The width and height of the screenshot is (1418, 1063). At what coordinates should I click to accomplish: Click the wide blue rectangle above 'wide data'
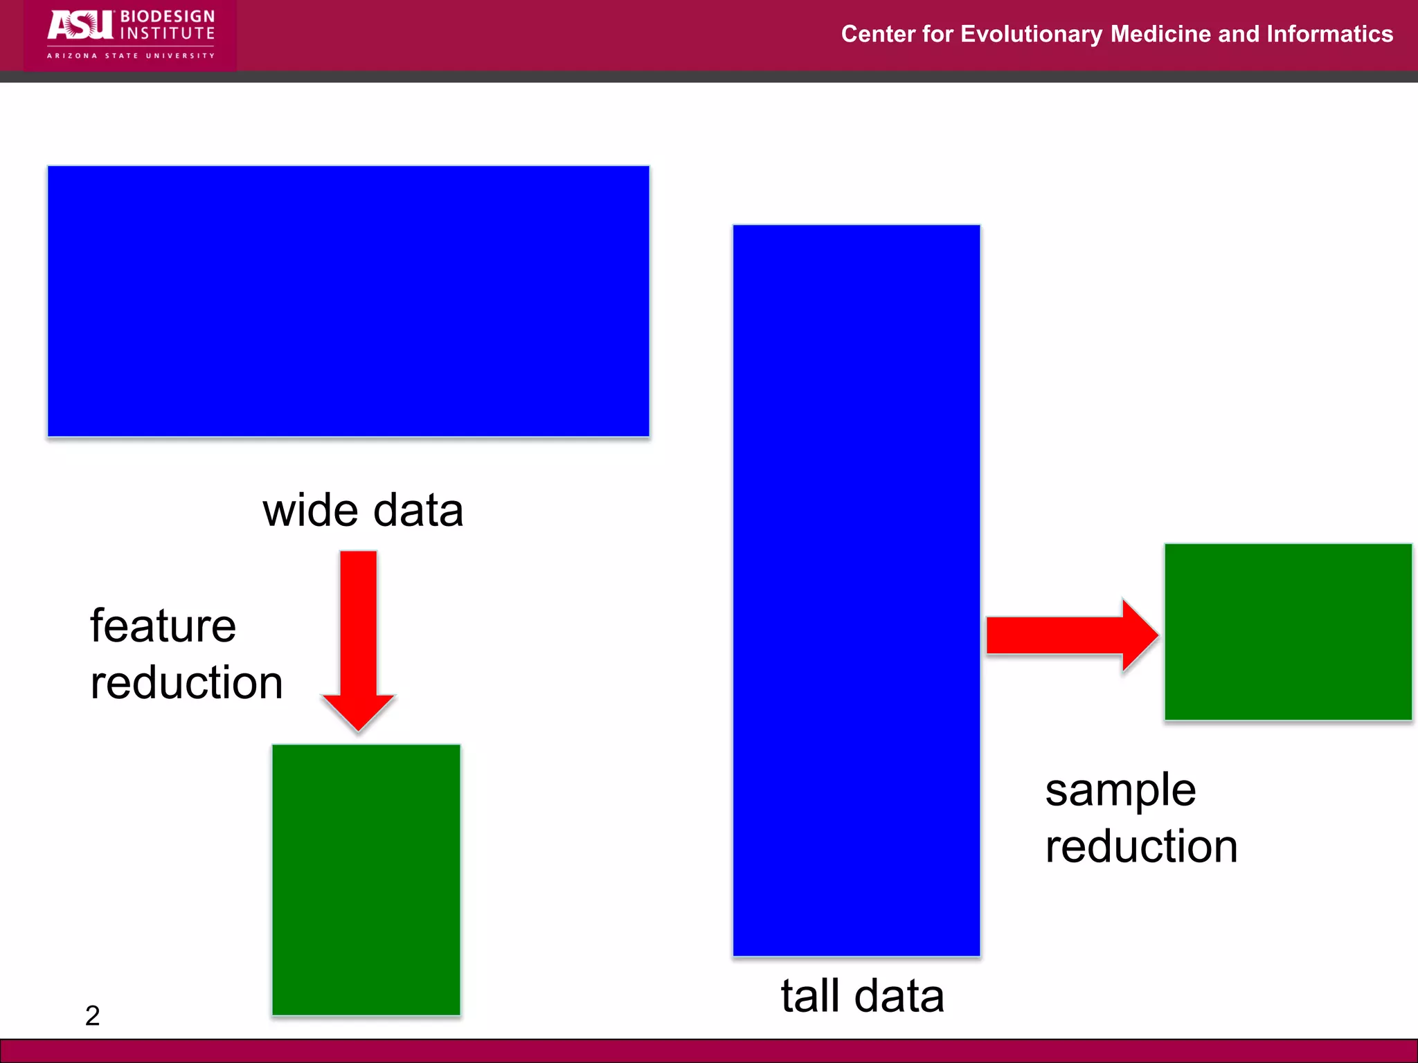(348, 301)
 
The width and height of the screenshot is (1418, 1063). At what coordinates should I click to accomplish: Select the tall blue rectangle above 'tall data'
(856, 590)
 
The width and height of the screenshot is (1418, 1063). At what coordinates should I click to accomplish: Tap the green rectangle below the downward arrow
(366, 880)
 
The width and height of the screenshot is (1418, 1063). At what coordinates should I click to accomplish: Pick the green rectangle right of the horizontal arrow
(1288, 632)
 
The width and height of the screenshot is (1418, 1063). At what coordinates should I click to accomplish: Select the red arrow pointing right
(1070, 635)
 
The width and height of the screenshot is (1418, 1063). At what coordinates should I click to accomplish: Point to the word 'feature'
(163, 626)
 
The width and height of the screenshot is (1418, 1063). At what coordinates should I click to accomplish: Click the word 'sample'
(1120, 790)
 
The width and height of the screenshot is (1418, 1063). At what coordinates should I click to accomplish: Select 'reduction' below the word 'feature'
(187, 683)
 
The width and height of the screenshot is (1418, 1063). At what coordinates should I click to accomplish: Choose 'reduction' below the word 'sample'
(1142, 846)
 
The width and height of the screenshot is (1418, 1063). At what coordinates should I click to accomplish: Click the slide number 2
(93, 1016)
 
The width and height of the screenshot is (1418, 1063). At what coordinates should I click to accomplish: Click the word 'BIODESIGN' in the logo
(168, 16)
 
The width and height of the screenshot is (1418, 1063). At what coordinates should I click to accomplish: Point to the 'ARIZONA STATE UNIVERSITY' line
(131, 55)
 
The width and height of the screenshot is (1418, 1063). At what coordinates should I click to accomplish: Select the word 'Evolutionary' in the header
(1031, 34)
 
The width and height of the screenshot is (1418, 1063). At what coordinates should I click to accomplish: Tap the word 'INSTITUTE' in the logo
(168, 33)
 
